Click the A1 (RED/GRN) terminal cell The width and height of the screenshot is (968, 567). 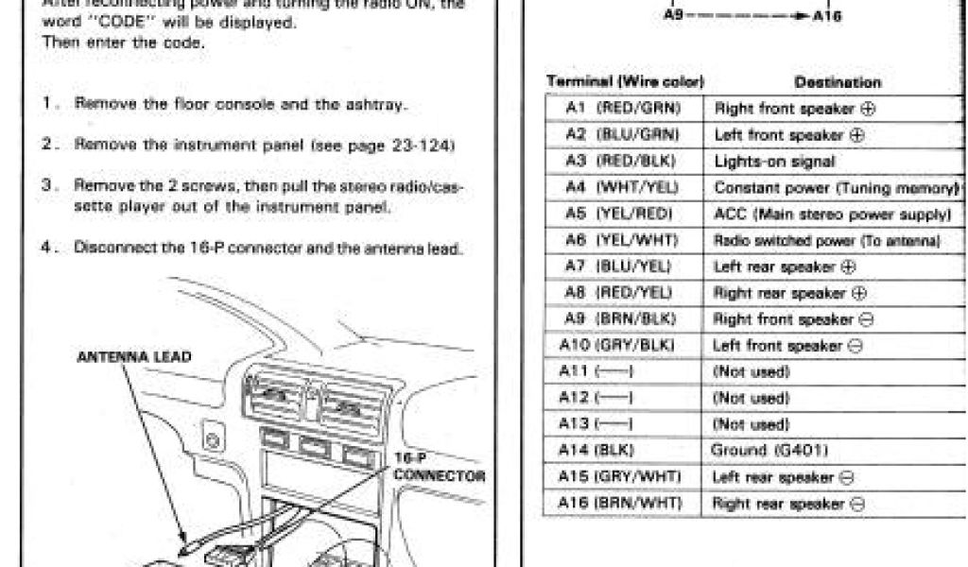(624, 109)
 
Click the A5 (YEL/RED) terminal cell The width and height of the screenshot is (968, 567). (624, 215)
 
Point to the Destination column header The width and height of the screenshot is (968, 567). (838, 83)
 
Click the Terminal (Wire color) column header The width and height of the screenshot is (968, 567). (626, 83)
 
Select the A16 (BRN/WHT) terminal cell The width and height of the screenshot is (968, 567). (624, 503)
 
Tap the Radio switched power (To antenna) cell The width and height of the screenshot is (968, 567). (826, 241)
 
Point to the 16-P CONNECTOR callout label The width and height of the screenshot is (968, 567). (439, 469)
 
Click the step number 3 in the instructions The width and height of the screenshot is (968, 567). (46, 186)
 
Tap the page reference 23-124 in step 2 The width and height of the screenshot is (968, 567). (426, 145)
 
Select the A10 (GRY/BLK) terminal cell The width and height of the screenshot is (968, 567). (624, 346)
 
